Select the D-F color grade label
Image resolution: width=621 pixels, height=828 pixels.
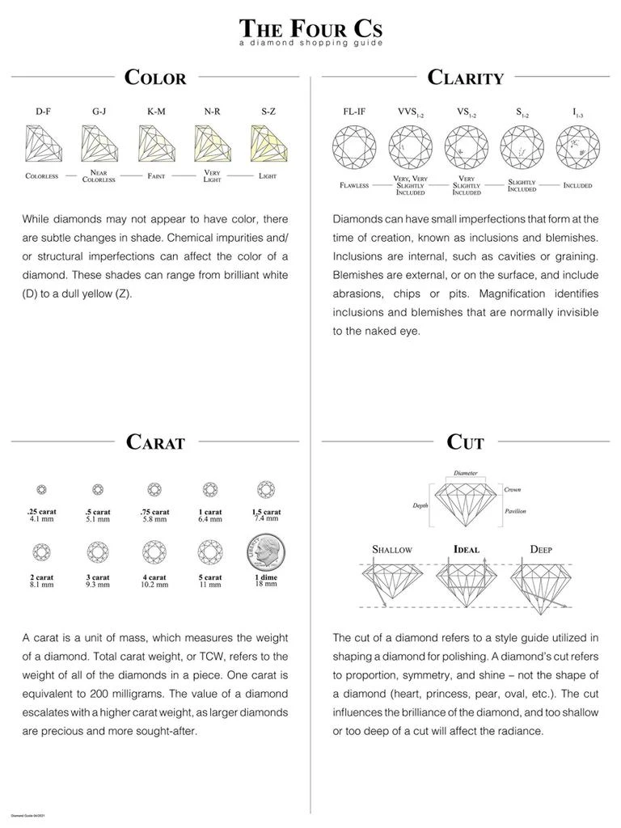(43, 111)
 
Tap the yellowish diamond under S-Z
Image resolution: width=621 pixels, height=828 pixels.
(269, 143)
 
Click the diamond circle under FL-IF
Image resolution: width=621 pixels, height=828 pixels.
(353, 146)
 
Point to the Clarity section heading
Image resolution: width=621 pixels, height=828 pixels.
(465, 78)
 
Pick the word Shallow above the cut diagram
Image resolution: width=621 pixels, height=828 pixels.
(392, 549)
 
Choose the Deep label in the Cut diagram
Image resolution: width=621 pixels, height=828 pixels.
(541, 549)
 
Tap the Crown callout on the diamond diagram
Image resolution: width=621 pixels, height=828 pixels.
(512, 489)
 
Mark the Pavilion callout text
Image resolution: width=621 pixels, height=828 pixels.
(515, 511)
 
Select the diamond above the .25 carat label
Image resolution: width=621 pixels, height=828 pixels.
(42, 489)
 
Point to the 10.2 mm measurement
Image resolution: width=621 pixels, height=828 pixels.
(154, 584)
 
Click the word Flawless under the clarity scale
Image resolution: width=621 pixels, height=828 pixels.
(354, 185)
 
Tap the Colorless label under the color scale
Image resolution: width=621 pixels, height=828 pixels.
(42, 175)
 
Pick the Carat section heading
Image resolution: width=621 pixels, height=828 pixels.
(155, 442)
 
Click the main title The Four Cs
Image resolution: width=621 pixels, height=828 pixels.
(310, 27)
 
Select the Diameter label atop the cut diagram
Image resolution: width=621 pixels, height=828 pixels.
(465, 473)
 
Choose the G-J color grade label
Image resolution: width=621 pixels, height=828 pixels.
(99, 111)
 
